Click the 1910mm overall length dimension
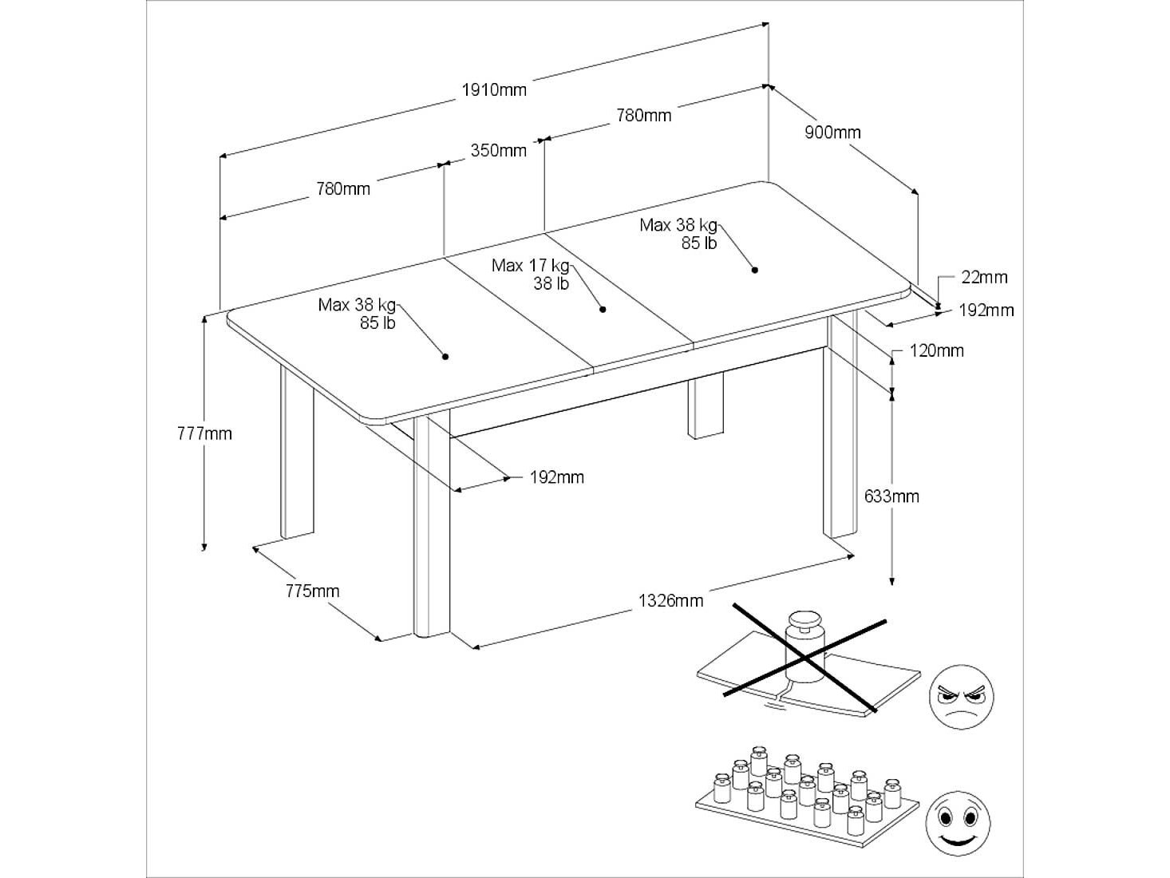coord(493,89)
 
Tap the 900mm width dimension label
coord(832,132)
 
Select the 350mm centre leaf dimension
coord(498,150)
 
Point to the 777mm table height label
coord(204,433)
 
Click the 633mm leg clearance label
coord(891,496)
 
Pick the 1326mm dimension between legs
coord(670,601)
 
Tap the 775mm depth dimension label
coord(312,591)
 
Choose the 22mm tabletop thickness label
coord(984,277)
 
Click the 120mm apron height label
coord(936,350)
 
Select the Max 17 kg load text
coord(531,265)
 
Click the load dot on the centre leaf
coord(603,309)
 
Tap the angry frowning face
coord(961,697)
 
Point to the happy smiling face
coord(958,824)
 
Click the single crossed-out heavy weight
coord(805,647)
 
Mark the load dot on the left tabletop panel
coord(445,356)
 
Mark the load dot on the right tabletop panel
coord(755,270)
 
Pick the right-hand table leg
coord(840,426)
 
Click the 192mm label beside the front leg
coord(556,477)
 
